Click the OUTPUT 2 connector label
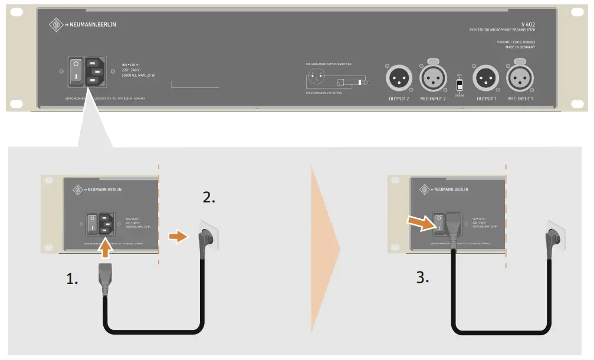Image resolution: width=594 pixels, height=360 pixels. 398,99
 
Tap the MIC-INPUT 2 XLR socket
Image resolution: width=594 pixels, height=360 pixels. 432,78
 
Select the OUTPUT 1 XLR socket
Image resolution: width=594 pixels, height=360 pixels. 487,78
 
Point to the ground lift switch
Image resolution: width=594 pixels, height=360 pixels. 460,85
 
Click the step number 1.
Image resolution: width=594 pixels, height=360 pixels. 73,279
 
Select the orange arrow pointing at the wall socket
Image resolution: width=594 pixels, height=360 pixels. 176,236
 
